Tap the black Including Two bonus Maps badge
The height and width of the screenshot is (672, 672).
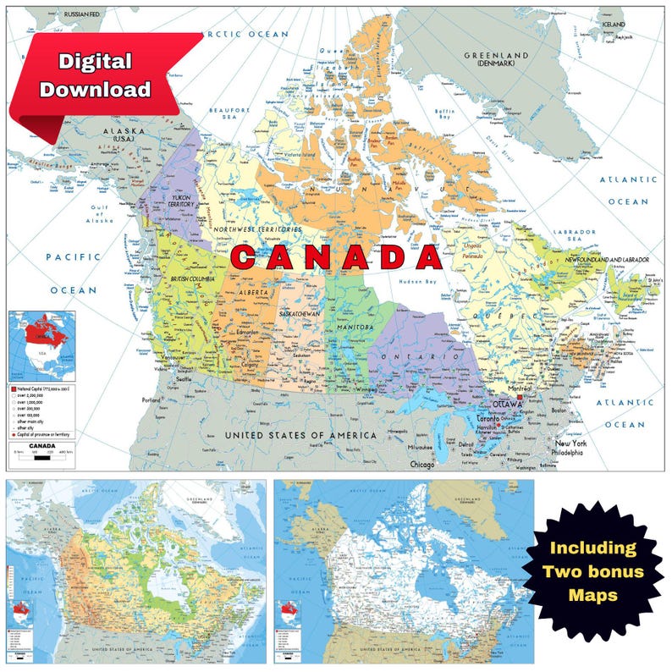[x=593, y=571]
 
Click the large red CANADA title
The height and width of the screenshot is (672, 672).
[x=337, y=257]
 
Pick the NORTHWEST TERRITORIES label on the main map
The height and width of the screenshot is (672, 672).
[x=257, y=229]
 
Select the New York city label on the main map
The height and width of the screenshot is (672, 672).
[x=571, y=443]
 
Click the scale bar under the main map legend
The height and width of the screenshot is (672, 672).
[x=41, y=458]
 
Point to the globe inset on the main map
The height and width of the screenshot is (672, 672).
[x=42, y=345]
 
